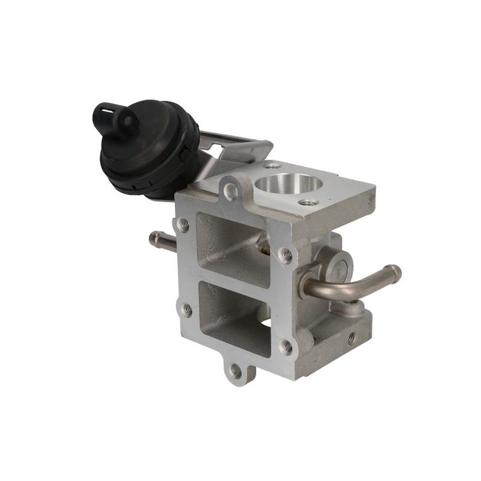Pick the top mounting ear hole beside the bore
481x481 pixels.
click(x=231, y=192)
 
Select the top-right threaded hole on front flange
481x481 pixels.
click(x=285, y=255)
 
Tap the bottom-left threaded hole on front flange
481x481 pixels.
click(x=187, y=309)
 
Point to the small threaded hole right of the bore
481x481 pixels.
click(x=307, y=202)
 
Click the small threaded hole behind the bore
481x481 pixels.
click(x=271, y=166)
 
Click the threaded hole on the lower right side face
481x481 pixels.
click(x=351, y=338)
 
